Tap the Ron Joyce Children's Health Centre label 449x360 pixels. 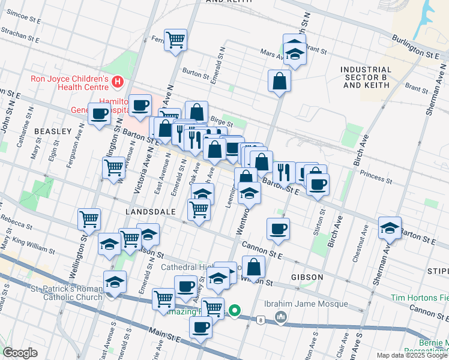coord(70,84)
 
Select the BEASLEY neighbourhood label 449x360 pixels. coord(53,131)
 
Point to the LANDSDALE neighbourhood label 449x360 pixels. coord(149,212)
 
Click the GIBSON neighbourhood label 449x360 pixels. coord(307,277)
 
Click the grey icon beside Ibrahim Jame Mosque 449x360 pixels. coord(280,315)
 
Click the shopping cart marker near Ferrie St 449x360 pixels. coord(175,41)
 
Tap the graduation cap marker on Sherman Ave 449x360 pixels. coord(390,229)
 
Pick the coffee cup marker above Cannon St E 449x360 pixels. coord(278,229)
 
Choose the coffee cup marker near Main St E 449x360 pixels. coord(200,328)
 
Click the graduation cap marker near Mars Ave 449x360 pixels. coord(294,51)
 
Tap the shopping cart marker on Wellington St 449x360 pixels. coord(89,220)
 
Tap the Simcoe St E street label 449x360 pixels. coord(20,20)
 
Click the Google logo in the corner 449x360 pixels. coord(20,353)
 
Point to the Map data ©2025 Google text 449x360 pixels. coord(411,355)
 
